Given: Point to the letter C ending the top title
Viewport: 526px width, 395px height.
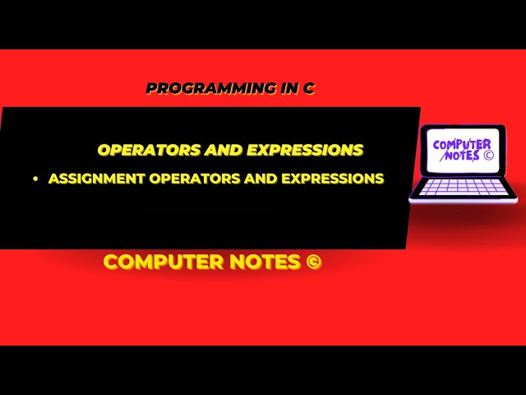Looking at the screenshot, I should click(309, 88).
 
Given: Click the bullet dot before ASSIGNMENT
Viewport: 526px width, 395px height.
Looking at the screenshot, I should click(36, 179).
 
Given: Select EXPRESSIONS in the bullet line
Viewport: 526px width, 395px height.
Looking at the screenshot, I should click(332, 178).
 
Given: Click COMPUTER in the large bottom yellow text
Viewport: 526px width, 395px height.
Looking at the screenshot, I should click(161, 262).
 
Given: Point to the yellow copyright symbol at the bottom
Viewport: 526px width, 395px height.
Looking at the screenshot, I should click(312, 262).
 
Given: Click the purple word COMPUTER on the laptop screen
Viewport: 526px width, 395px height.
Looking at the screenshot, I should click(463, 145).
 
